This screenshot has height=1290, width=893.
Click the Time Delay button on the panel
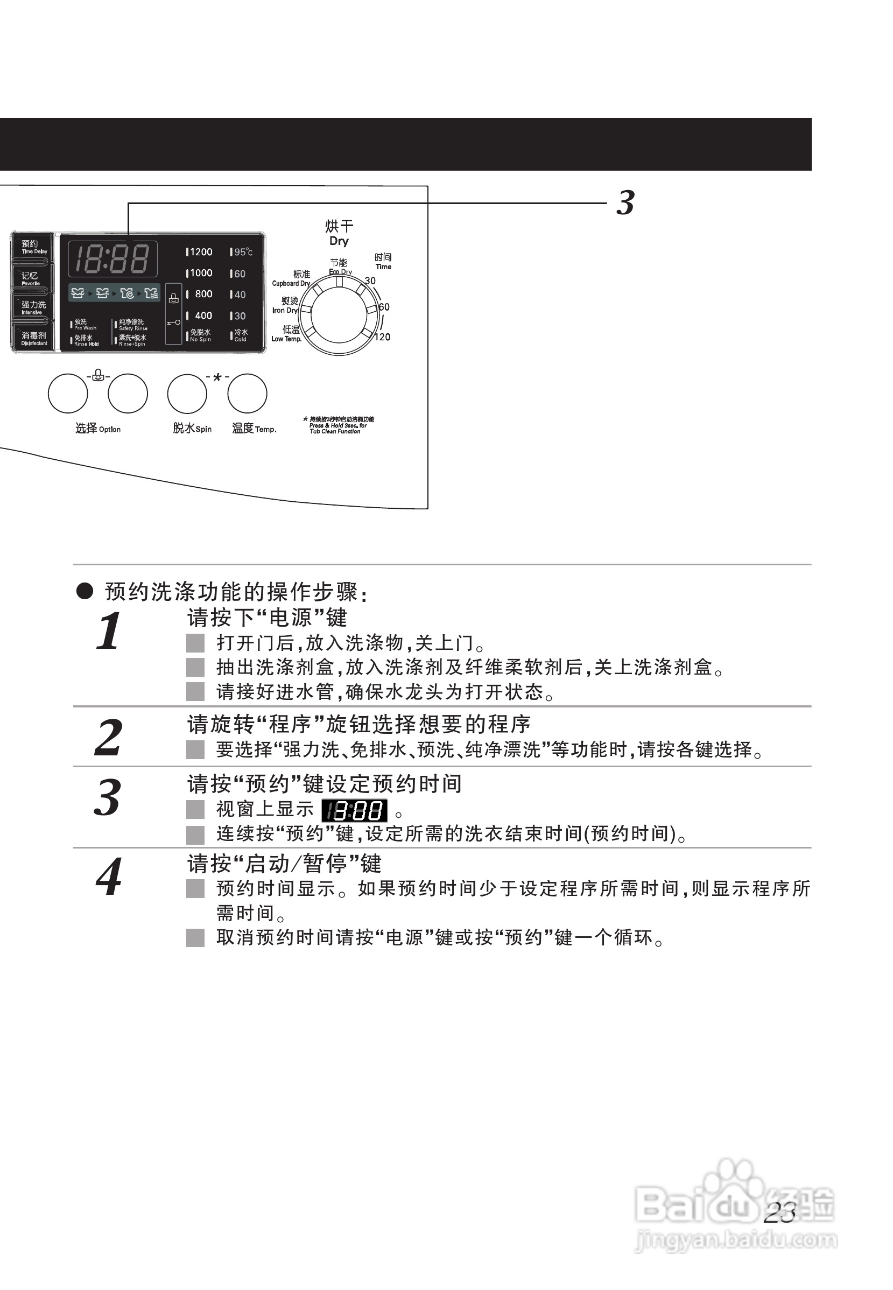pyautogui.click(x=33, y=247)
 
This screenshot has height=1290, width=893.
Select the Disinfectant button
pyautogui.click(x=33, y=338)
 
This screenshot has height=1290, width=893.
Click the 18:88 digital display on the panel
pyautogui.click(x=112, y=258)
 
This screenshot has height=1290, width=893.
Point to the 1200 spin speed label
pyautogui.click(x=200, y=252)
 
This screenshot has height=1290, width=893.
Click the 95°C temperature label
pyautogui.click(x=242, y=253)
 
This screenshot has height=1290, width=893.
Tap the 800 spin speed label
pyautogui.click(x=202, y=294)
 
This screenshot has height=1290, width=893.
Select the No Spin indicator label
pyautogui.click(x=200, y=335)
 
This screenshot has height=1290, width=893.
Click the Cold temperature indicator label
pyautogui.click(x=241, y=335)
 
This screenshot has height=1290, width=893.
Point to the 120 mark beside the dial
pyautogui.click(x=382, y=337)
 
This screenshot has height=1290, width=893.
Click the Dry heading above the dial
pyautogui.click(x=339, y=241)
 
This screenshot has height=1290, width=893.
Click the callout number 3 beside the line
pyautogui.click(x=625, y=202)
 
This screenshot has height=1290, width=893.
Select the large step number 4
pyautogui.click(x=109, y=877)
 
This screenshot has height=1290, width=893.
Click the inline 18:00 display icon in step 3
pyautogui.click(x=354, y=810)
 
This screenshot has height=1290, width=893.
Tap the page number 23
pyautogui.click(x=779, y=1213)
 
